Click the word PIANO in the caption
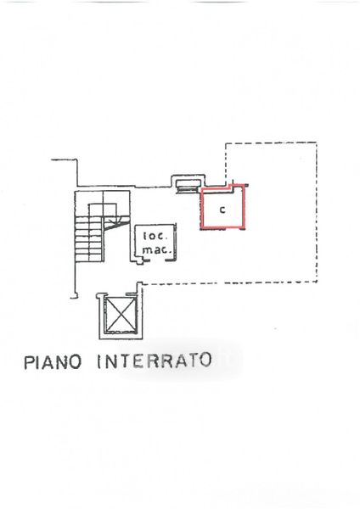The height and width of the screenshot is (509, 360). [x=53, y=362]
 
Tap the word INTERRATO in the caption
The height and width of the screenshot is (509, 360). [x=155, y=361]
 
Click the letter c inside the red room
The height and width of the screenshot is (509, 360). [x=222, y=210]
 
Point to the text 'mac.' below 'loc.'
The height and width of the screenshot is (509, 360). [x=156, y=250]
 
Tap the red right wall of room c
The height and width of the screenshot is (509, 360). [x=245, y=207]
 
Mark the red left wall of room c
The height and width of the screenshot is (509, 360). [x=202, y=208]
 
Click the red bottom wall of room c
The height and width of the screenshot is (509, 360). [x=223, y=227]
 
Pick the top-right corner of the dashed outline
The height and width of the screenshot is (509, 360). [x=317, y=143]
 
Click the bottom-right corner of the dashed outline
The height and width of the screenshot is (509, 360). [x=317, y=282]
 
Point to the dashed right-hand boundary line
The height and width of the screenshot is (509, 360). [x=317, y=212]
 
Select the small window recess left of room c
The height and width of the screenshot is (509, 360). [x=188, y=184]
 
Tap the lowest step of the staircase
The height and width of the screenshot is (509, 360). [x=90, y=258]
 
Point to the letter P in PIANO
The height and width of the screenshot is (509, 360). [x=29, y=362]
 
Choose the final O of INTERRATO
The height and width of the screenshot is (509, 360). [x=205, y=360]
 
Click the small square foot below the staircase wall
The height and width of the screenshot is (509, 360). [x=75, y=296]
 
